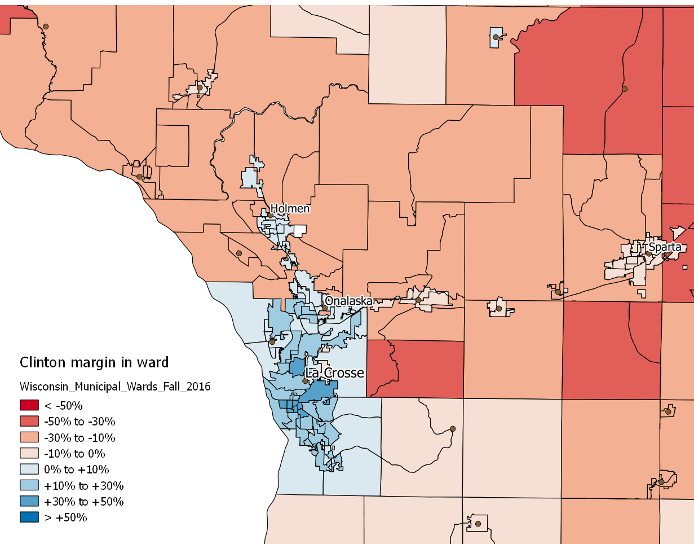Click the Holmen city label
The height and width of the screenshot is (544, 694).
point(290,209)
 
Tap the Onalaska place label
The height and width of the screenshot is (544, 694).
point(348,301)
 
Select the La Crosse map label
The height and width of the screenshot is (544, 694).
point(334,373)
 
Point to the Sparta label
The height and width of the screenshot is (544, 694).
point(665,247)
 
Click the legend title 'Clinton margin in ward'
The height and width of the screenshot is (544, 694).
point(94,362)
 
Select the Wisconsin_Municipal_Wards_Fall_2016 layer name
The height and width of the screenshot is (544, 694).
point(115,387)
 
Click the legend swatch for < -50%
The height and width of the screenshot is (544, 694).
point(29,405)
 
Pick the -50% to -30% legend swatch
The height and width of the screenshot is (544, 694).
point(29,421)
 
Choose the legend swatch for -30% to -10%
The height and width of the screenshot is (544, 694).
point(29,437)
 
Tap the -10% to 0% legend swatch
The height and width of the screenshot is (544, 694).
point(29,453)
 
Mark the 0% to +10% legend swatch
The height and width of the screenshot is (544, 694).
point(29,470)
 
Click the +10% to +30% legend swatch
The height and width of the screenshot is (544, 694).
point(29,485)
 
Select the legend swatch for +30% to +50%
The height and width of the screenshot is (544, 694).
point(29,502)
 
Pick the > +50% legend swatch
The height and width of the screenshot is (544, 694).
point(29,517)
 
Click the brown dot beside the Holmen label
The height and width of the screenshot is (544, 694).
point(271,215)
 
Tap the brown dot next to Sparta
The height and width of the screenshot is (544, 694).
point(649,253)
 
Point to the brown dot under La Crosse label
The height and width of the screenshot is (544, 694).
point(305,381)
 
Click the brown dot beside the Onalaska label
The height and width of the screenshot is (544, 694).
point(325,308)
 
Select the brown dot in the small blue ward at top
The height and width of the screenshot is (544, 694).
point(496,37)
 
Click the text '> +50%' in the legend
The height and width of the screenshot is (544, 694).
point(65,517)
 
